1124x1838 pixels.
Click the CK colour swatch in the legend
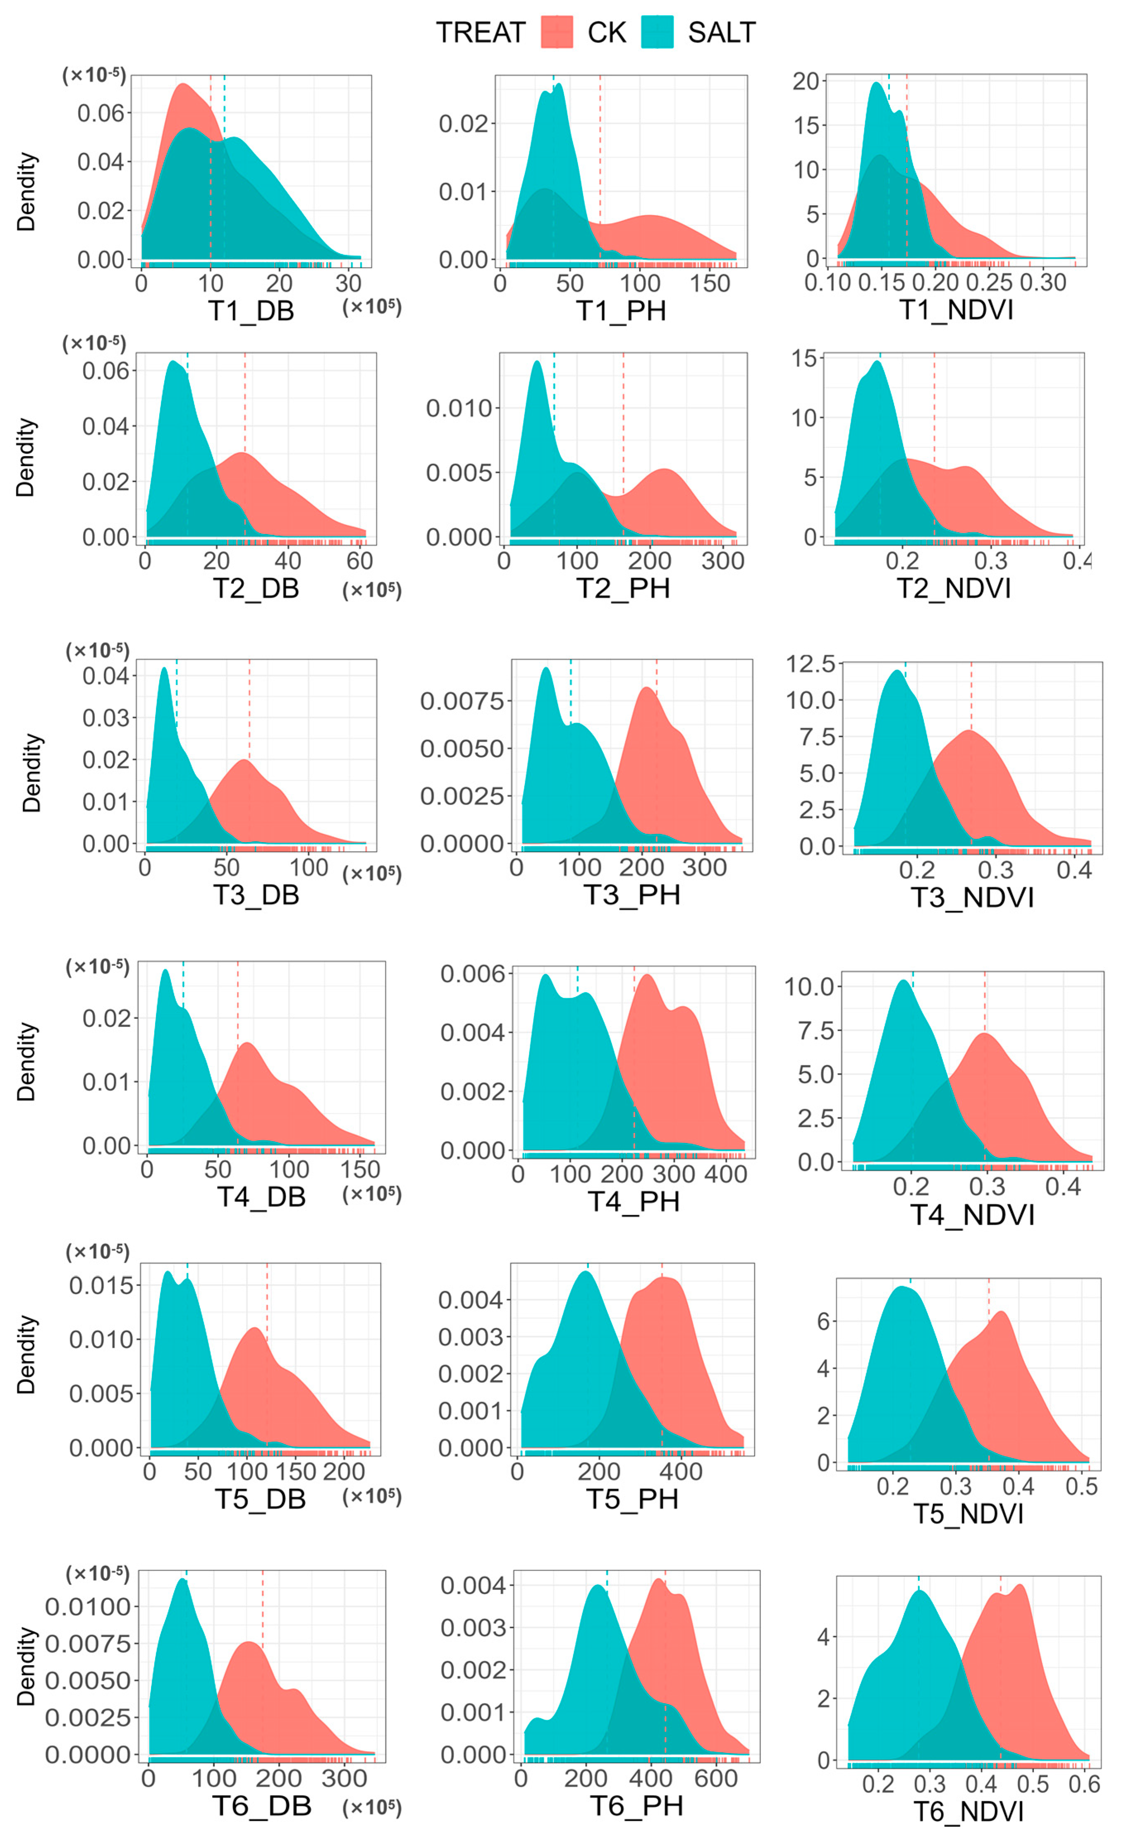coord(556,32)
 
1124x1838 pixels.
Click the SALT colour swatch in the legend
coord(657,32)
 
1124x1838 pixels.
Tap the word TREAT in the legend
coord(481,33)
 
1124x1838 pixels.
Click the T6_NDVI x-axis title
coord(969,1812)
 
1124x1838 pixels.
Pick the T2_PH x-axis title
coord(624,589)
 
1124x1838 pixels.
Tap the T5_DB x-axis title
coord(260,1499)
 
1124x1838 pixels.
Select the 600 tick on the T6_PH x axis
coord(716,1778)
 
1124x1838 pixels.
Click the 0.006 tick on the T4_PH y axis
coord(472,974)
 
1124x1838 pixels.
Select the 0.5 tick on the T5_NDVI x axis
coord(1081,1487)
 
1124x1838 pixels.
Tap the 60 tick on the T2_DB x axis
coord(359,561)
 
